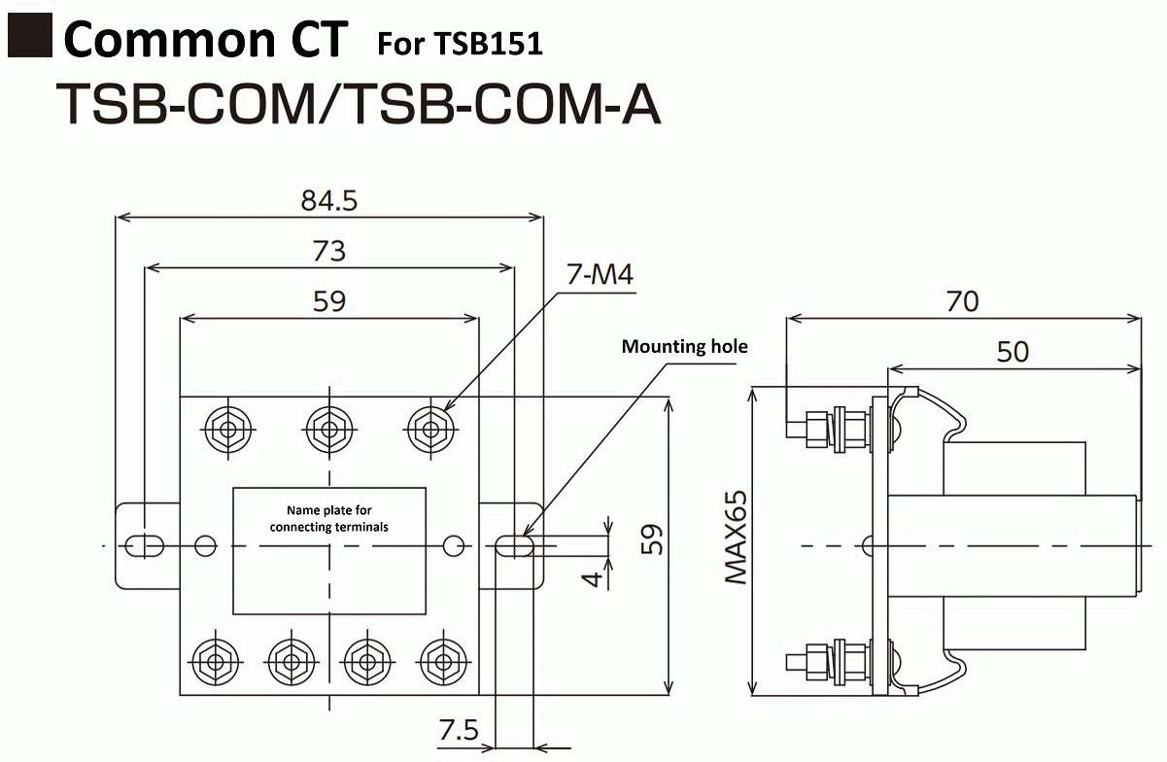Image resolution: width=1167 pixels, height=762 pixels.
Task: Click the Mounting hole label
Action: pos(685,346)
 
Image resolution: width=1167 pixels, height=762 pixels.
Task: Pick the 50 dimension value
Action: pos(1013,351)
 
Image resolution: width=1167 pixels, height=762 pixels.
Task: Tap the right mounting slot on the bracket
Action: pos(514,546)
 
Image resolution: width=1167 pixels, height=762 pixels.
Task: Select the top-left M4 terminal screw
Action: pos(226,426)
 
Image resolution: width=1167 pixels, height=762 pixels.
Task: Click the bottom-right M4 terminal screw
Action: pos(442,663)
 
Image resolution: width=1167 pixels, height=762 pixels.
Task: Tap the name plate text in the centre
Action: pos(329,519)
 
